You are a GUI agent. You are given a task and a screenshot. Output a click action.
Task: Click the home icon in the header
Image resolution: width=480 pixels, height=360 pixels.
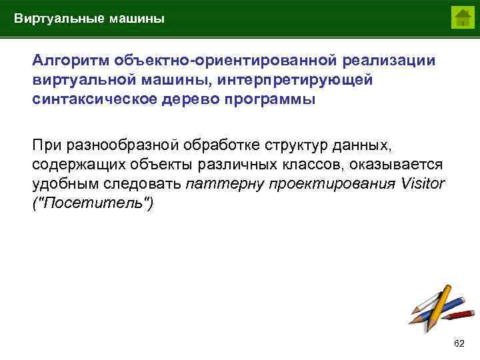[x=461, y=18]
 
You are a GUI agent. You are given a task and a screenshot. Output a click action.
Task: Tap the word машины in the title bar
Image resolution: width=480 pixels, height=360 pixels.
[x=135, y=19]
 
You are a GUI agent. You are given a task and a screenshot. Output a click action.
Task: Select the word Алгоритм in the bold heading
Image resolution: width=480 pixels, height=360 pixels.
[x=71, y=61]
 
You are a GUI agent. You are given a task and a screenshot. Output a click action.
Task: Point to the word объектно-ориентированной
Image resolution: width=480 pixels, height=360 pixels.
[x=227, y=61]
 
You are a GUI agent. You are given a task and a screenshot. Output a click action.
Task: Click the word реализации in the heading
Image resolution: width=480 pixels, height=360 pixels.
[x=389, y=61]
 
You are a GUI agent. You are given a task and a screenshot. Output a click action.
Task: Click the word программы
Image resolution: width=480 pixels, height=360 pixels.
[x=272, y=99]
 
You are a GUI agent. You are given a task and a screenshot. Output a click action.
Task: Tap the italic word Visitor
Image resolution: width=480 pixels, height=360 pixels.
[x=423, y=183]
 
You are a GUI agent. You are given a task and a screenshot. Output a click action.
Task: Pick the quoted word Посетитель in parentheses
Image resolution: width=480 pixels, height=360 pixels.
[x=93, y=203]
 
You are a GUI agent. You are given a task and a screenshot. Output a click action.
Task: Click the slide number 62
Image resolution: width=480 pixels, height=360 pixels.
[x=459, y=343]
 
